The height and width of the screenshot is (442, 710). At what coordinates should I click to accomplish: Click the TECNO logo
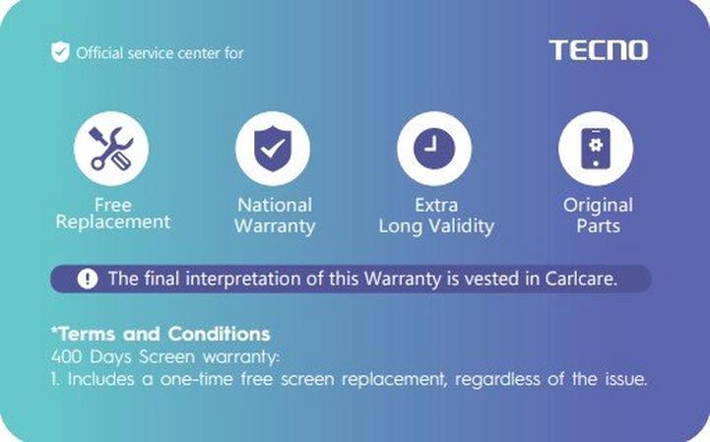click(x=598, y=50)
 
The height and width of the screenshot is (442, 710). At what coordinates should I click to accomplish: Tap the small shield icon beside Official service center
click(x=60, y=52)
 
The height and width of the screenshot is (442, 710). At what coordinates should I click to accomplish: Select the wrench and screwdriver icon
click(x=111, y=149)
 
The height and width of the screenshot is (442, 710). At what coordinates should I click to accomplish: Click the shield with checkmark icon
click(x=273, y=149)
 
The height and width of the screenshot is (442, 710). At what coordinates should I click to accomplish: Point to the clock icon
click(x=434, y=149)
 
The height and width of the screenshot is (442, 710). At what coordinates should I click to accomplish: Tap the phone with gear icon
click(x=596, y=149)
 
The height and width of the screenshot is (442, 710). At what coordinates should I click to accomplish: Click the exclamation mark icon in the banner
click(x=88, y=279)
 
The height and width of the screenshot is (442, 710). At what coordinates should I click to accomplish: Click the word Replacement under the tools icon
click(x=112, y=222)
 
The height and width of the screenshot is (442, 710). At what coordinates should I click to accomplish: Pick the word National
click(x=275, y=205)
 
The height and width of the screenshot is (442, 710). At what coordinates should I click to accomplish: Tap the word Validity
click(x=462, y=226)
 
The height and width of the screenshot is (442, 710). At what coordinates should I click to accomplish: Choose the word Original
click(x=598, y=206)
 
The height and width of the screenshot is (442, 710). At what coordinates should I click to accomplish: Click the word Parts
click(x=598, y=226)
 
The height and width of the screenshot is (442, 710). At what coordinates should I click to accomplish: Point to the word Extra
click(x=436, y=205)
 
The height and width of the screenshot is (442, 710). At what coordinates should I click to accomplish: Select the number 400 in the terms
click(x=67, y=357)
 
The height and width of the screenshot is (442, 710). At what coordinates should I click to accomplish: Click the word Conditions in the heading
click(x=220, y=335)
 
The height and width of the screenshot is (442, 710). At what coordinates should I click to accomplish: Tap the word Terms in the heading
click(x=85, y=335)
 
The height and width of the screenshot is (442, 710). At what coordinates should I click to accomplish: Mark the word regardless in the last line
click(x=497, y=379)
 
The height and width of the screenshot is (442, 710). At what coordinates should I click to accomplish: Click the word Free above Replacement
click(x=112, y=205)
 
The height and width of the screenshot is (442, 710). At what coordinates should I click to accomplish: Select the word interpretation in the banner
click(x=242, y=279)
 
